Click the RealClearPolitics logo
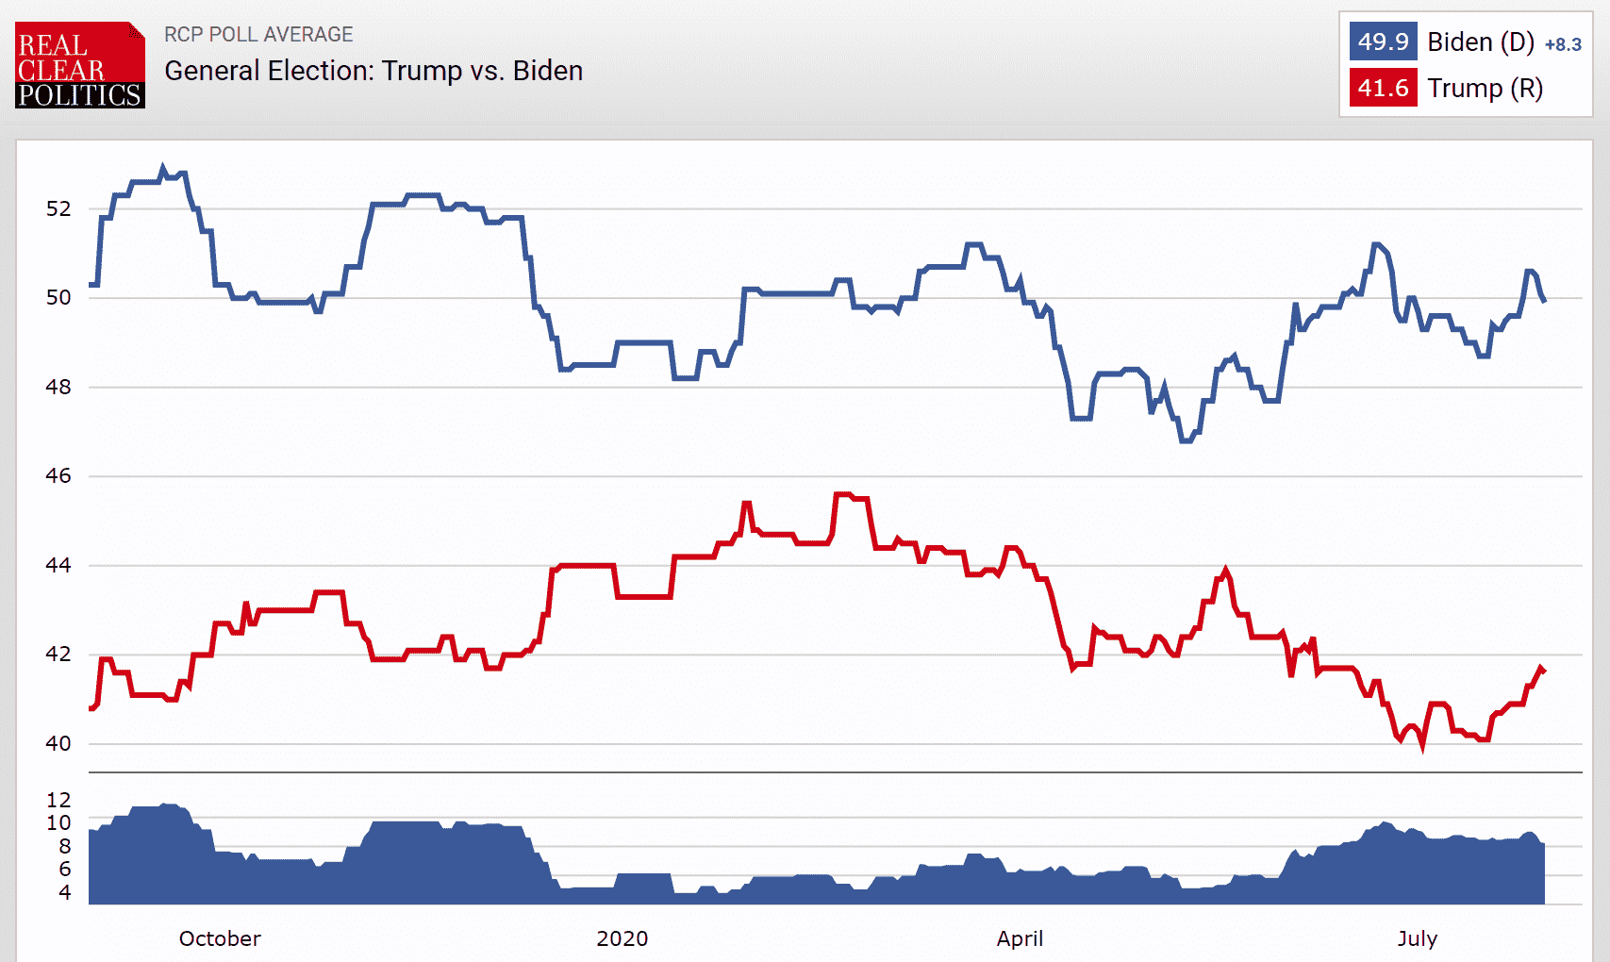click(x=80, y=65)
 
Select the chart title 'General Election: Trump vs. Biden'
click(x=373, y=71)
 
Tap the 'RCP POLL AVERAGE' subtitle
click(x=258, y=35)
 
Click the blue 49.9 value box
click(x=1383, y=42)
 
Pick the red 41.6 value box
click(x=1383, y=89)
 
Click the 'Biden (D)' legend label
click(x=1480, y=42)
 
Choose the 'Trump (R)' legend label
click(x=1485, y=89)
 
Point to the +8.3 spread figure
click(x=1563, y=44)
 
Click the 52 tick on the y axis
click(x=58, y=208)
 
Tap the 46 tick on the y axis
click(x=58, y=476)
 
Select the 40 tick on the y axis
click(x=58, y=743)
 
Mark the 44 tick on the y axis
click(x=58, y=565)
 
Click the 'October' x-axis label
click(x=220, y=938)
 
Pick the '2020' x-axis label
click(x=622, y=938)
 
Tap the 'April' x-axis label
click(x=1020, y=938)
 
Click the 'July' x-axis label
click(x=1417, y=938)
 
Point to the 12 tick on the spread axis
click(x=58, y=800)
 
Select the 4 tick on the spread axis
click(x=64, y=892)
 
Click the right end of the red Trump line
click(x=1543, y=670)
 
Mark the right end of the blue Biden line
click(x=1544, y=300)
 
